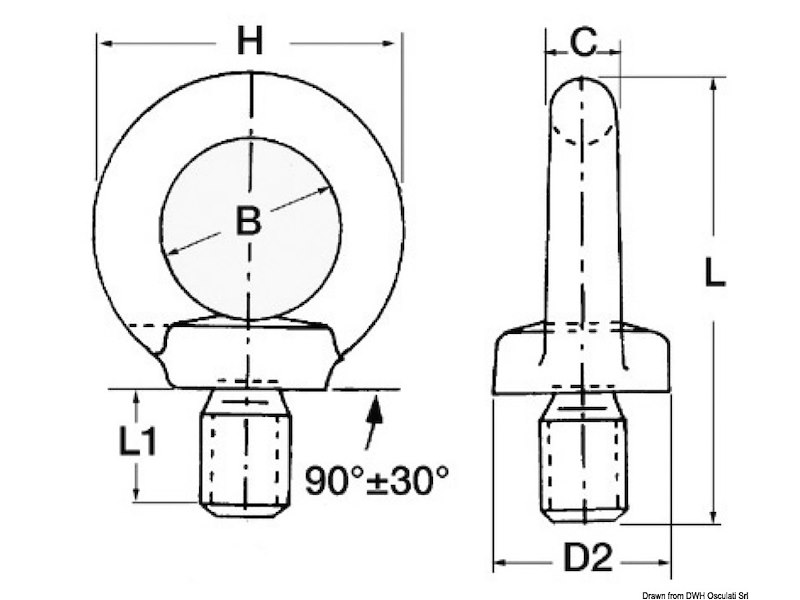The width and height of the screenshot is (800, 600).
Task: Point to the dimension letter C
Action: (583, 42)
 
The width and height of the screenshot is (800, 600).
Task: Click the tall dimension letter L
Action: (713, 272)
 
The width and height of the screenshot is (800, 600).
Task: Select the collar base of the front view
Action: (250, 356)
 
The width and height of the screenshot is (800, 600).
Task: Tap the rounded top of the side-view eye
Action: (583, 95)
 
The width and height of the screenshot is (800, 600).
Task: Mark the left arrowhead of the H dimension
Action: (103, 43)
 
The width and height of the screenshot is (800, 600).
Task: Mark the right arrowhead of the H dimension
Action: (396, 43)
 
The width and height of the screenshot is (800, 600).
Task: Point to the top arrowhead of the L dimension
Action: (713, 85)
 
